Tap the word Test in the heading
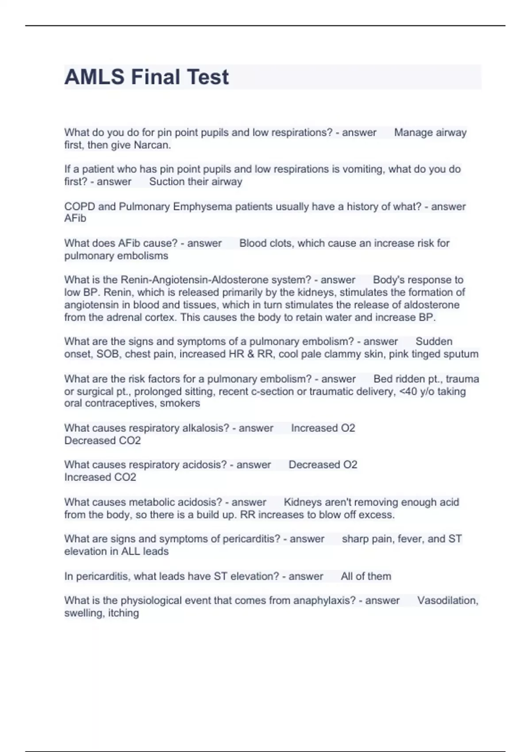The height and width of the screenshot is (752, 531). click(x=208, y=77)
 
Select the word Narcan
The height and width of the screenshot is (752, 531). click(x=152, y=145)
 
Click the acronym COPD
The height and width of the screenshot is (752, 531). click(x=77, y=207)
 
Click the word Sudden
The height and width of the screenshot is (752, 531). click(x=434, y=341)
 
